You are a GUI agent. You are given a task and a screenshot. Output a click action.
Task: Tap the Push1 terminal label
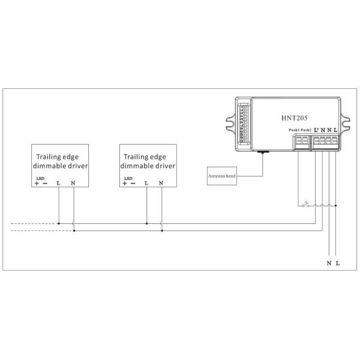pyautogui.click(x=293, y=130)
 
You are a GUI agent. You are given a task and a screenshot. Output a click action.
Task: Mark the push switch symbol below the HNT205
pyautogui.click(x=308, y=205)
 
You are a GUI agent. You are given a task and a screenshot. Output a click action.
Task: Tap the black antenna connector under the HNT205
pyautogui.click(x=263, y=152)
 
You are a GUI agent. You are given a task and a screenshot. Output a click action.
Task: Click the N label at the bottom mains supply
pyautogui.click(x=329, y=263)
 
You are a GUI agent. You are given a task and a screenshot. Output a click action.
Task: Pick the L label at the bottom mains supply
pyautogui.click(x=338, y=263)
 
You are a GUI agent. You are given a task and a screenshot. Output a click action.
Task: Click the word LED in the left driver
pyautogui.click(x=40, y=178)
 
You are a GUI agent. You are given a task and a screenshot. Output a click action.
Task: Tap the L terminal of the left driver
pyautogui.click(x=58, y=182)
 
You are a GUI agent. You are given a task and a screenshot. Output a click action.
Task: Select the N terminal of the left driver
pyautogui.click(x=73, y=182)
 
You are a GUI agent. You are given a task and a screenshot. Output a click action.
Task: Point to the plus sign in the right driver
pyautogui.click(x=125, y=182)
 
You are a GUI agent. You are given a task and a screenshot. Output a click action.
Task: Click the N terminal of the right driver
pyautogui.click(x=161, y=182)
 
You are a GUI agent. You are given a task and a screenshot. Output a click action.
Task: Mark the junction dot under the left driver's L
pyautogui.click(x=58, y=223)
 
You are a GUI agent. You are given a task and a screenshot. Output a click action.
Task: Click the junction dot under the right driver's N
pyautogui.click(x=161, y=229)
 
